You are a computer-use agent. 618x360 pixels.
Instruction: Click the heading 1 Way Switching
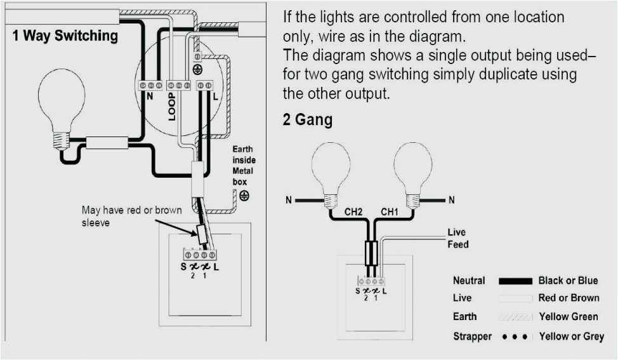65,36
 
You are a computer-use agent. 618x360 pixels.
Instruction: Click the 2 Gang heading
308,119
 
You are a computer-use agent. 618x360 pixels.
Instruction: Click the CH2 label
353,212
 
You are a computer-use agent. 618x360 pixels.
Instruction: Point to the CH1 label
390,212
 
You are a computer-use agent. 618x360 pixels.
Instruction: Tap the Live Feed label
457,238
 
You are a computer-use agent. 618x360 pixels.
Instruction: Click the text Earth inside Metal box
243,165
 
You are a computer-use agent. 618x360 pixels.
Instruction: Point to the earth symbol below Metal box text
244,196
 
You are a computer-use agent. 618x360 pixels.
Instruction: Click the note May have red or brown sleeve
131,216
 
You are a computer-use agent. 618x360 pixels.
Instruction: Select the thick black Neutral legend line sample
515,281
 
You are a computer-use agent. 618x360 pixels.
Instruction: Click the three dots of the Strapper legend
515,337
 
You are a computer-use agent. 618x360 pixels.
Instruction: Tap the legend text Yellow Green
567,316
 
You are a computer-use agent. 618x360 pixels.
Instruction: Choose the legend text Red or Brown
569,298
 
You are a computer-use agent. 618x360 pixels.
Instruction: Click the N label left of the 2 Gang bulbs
289,201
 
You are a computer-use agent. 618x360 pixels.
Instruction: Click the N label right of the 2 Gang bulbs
451,201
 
